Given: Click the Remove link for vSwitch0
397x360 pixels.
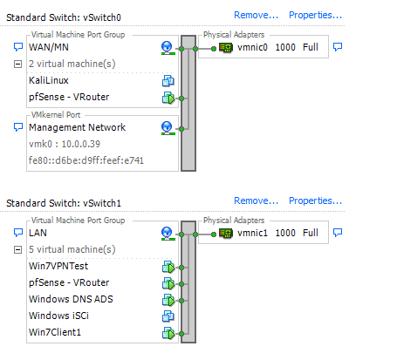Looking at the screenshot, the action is pyautogui.click(x=256, y=15).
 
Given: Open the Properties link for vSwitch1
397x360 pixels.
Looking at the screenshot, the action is pyautogui.click(x=315, y=200).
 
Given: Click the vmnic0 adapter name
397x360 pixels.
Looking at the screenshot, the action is pyautogui.click(x=252, y=47).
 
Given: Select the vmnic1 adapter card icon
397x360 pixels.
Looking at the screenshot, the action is pyautogui.click(x=226, y=233).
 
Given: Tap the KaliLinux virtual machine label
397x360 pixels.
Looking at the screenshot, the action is pyautogui.click(x=49, y=80).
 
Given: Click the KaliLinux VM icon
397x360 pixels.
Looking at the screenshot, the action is pyautogui.click(x=168, y=81).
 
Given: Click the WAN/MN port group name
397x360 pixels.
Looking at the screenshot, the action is pyautogui.click(x=49, y=47).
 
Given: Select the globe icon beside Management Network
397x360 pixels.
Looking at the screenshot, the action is pyautogui.click(x=168, y=128).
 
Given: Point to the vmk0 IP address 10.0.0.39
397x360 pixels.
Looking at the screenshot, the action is pyautogui.click(x=80, y=144).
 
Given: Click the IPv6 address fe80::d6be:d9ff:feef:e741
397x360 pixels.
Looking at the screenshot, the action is pyautogui.click(x=86, y=160).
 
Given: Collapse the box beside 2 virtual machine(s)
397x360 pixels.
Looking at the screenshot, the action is pyautogui.click(x=17, y=64).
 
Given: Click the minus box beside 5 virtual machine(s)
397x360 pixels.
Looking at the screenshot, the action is pyautogui.click(x=17, y=249).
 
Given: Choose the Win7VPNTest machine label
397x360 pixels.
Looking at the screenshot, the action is pyautogui.click(x=58, y=266).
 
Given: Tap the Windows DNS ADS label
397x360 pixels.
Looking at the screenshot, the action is pyautogui.click(x=71, y=299).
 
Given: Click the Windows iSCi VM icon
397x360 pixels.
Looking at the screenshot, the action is pyautogui.click(x=168, y=316).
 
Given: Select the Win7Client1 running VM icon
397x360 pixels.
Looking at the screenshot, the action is pyautogui.click(x=168, y=333).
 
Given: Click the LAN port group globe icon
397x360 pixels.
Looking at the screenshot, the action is pyautogui.click(x=168, y=234).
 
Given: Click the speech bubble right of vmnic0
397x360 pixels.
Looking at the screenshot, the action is pyautogui.click(x=338, y=46).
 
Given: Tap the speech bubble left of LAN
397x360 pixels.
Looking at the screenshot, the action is pyautogui.click(x=18, y=232).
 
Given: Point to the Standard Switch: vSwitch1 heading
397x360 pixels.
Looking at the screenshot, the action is pyautogui.click(x=64, y=203).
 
